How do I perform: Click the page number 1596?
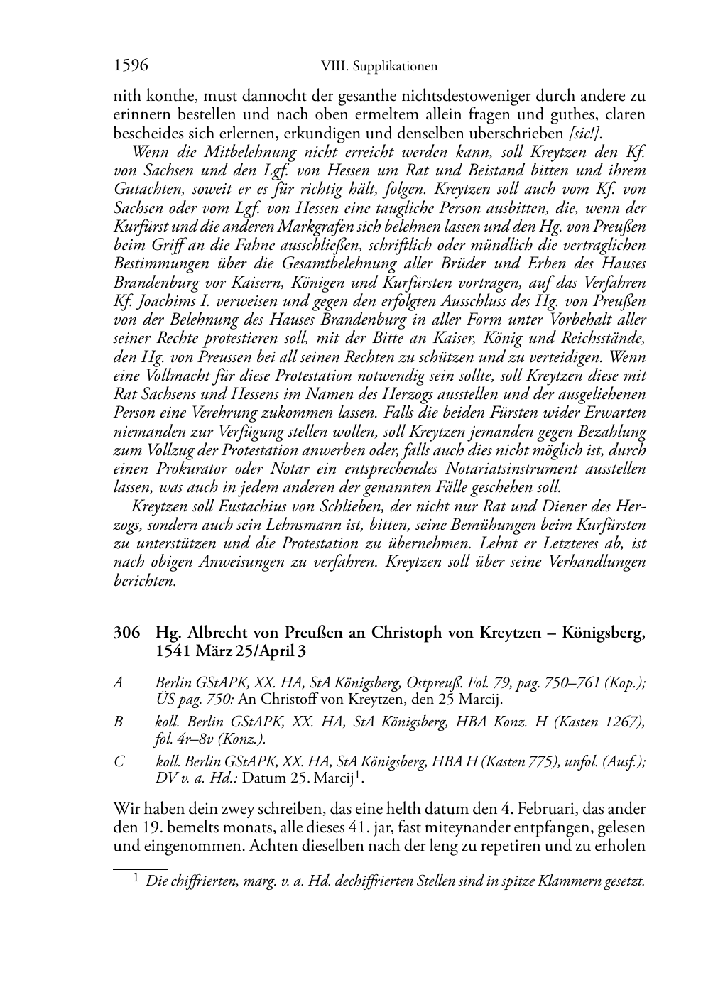point(131,66)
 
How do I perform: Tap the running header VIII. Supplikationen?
point(379,67)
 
